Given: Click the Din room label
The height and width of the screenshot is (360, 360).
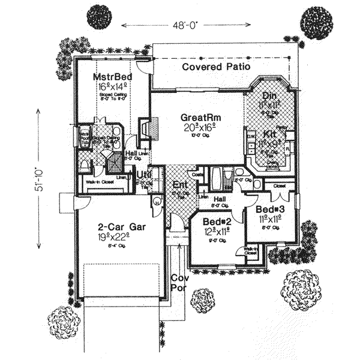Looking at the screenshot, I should point(269,96).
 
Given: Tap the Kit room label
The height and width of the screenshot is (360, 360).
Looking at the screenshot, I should point(269,133).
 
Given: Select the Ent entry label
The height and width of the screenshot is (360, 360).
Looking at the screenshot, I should point(179,184).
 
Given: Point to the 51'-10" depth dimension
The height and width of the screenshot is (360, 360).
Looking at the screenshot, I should point(38,180).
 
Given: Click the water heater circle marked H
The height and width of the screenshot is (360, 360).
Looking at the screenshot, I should point(158,202).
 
